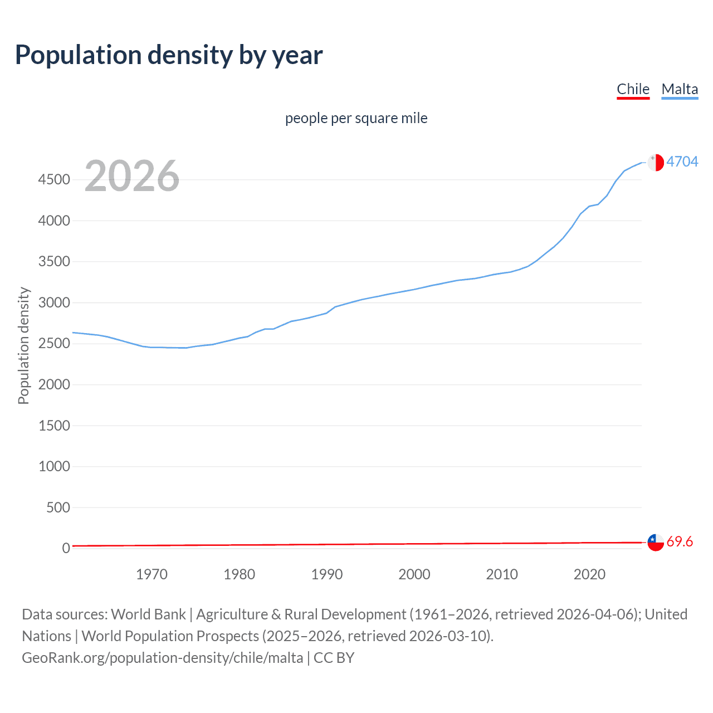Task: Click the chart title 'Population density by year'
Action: pos(169,55)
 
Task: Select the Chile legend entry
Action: pos(633,89)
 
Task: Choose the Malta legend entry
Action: pos(680,89)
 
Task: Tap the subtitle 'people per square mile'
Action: pos(356,118)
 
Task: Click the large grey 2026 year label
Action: pos(132,176)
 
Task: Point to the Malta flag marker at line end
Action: pos(656,162)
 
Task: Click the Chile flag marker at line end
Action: pos(656,542)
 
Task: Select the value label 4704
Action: pos(682,162)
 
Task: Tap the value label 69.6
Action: pos(680,541)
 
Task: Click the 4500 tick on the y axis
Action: pos(54,180)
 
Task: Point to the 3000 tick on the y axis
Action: pos(54,302)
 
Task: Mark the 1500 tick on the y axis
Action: pos(54,426)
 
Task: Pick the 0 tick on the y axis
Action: pos(66,549)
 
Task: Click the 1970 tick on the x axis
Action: pos(152,574)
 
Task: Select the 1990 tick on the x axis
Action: pos(327,574)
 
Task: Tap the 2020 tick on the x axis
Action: pos(589,574)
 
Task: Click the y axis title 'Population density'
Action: pos(23,345)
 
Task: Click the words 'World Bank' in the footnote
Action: pos(148,614)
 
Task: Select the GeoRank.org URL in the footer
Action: pos(162,658)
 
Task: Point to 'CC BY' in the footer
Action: pos(334,658)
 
